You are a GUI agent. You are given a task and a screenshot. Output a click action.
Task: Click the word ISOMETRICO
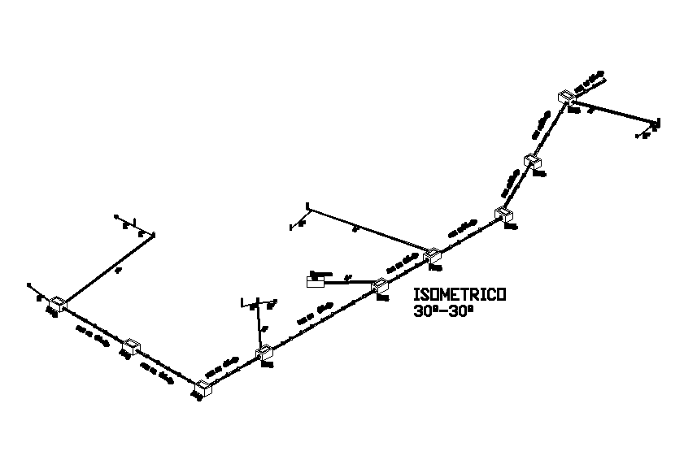coord(460,294)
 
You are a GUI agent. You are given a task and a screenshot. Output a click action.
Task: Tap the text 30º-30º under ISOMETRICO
coord(442,310)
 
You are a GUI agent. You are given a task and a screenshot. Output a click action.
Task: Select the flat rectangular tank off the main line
coord(315,281)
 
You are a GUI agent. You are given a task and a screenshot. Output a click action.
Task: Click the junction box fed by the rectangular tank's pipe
coord(379,285)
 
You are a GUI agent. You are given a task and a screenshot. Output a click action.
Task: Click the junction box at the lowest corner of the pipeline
coord(204,388)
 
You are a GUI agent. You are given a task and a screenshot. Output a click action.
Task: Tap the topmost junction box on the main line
coord(566,98)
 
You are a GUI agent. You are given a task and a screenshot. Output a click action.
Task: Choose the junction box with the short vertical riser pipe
coord(264,354)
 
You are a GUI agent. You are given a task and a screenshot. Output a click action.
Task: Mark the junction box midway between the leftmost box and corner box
coord(130,347)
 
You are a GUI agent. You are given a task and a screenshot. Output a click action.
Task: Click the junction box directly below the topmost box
coord(532,162)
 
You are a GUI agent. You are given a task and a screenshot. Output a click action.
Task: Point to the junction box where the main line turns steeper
coord(503,215)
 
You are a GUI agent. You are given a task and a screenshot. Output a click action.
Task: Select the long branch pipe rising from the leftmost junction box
coord(106,269)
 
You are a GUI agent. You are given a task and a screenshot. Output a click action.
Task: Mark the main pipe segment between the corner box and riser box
coord(234,371)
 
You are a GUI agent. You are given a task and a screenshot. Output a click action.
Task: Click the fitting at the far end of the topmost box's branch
coord(656,124)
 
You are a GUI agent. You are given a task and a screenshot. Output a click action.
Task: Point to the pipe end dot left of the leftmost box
coord(29,285)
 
